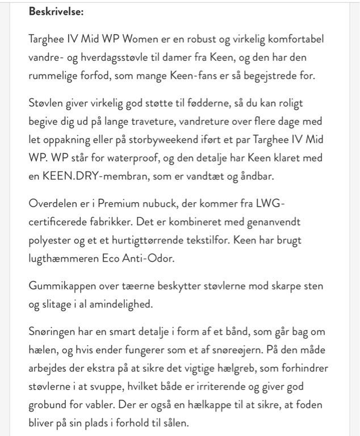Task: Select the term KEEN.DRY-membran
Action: (87, 176)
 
